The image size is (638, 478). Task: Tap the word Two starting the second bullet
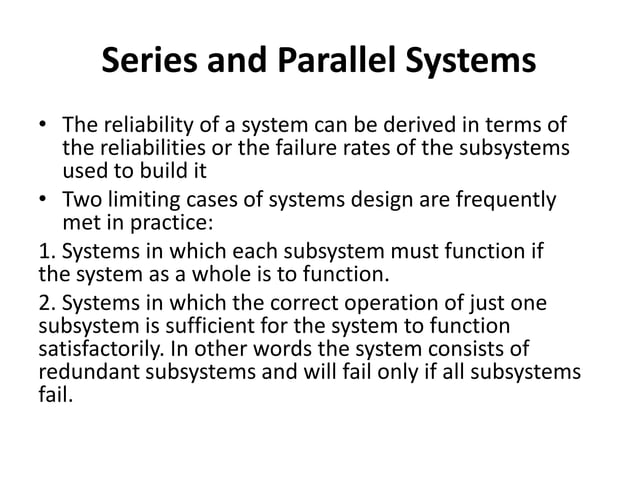(83, 201)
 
